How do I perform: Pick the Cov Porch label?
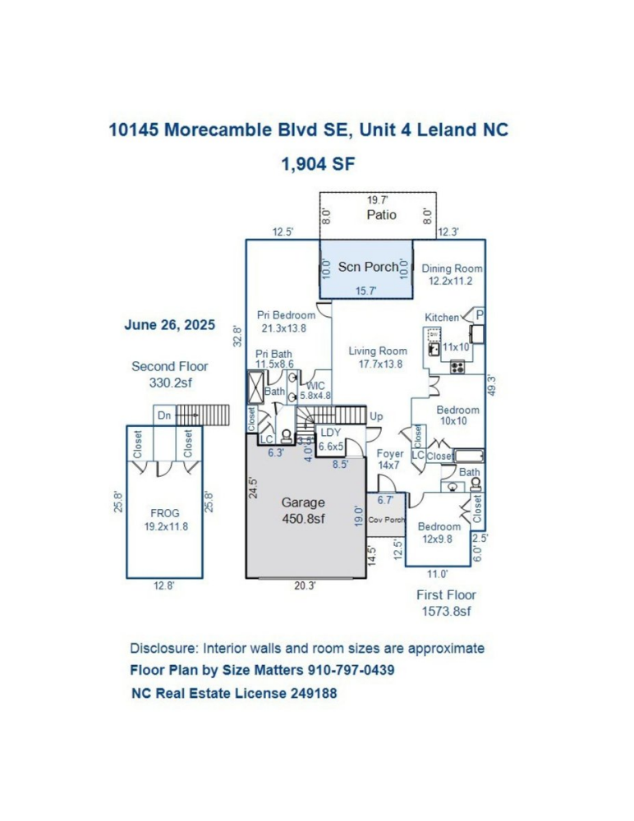pos(387,521)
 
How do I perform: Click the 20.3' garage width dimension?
pos(306,586)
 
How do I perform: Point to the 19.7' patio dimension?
pos(378,200)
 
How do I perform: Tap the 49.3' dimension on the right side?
pos(491,385)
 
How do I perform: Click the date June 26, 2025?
pos(169,324)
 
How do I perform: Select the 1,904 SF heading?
pos(317,163)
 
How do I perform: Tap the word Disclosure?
pos(162,648)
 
